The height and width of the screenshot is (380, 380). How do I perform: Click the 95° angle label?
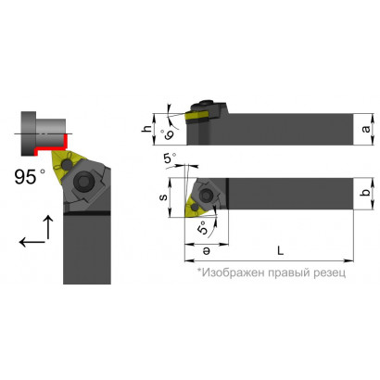(x=30, y=177)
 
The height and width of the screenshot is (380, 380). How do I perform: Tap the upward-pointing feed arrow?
(x=48, y=227)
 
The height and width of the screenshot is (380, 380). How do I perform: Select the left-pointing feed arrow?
(x=32, y=242)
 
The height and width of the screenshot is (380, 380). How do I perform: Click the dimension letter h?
(x=148, y=129)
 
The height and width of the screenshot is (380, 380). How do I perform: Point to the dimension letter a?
(x=367, y=129)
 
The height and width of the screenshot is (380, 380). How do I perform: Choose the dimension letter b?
(x=366, y=194)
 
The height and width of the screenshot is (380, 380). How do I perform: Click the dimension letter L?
(x=280, y=250)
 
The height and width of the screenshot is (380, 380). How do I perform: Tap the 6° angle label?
(x=169, y=134)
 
